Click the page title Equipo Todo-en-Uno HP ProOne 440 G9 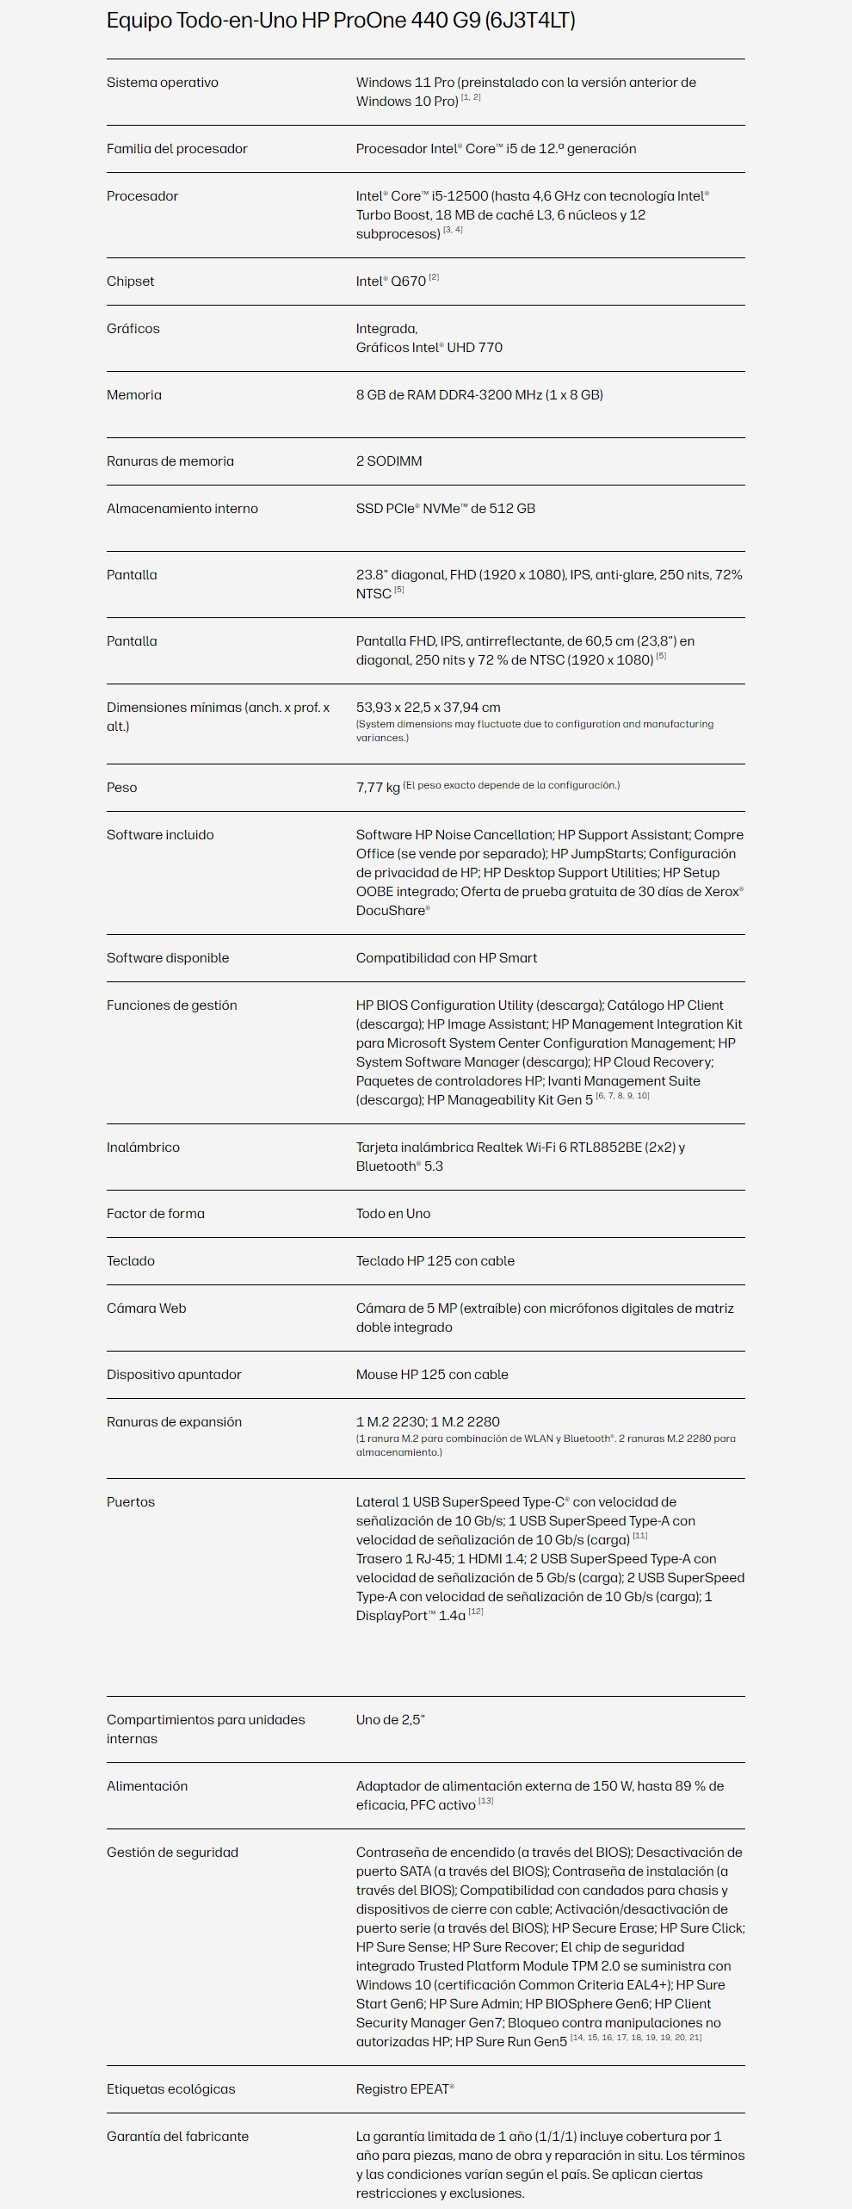coord(341,21)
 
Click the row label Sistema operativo coord(163,83)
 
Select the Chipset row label coord(131,282)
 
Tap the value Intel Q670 coord(392,282)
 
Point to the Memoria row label coord(134,395)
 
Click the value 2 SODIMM coord(389,461)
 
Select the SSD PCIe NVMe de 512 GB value coord(446,509)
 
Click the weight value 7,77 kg coord(378,788)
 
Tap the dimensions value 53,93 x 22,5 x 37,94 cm coord(429,708)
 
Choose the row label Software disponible coord(168,958)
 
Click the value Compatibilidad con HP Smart coord(447,958)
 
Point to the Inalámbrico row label coord(143,1148)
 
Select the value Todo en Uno coord(393,1214)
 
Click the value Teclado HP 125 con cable coord(435,1261)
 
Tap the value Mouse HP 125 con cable coord(432,1375)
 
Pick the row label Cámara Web coord(146,1309)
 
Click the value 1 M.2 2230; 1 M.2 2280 coord(428,1422)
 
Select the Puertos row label coord(131,1502)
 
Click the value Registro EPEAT coord(404,2089)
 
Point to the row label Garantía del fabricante coord(177,2137)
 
